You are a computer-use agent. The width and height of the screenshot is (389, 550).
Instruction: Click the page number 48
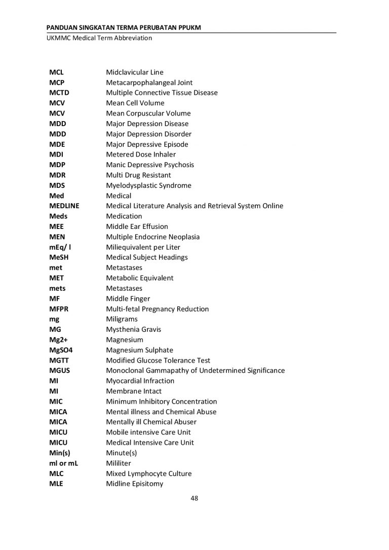point(194,498)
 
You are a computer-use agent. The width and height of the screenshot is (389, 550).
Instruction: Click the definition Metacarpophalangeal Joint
point(149,83)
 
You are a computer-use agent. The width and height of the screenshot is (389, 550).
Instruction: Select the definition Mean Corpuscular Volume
point(148,113)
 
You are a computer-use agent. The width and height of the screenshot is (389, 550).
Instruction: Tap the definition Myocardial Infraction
point(140,381)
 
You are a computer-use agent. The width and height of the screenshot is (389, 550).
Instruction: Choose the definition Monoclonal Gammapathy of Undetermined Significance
point(195,371)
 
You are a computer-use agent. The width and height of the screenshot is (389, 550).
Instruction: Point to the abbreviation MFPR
point(58,309)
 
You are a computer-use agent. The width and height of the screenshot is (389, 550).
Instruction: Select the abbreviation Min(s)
point(59,453)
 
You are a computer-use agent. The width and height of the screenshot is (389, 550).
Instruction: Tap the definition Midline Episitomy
point(134,484)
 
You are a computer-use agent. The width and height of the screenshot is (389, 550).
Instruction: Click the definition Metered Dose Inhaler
point(141,154)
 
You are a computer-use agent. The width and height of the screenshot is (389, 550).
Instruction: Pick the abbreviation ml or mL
point(63,463)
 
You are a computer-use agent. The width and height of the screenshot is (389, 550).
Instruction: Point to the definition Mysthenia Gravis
point(133,330)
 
